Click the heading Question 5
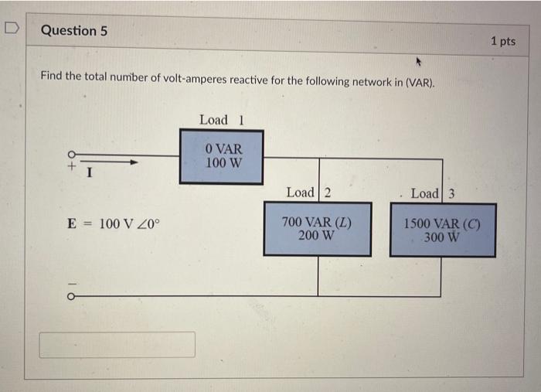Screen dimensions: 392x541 click(73, 31)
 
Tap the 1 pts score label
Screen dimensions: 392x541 click(502, 41)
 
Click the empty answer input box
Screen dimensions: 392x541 click(117, 345)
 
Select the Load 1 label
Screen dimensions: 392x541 click(221, 120)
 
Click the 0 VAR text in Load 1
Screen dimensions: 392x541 click(223, 148)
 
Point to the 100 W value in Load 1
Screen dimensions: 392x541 click(223, 163)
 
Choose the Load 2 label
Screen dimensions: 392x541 click(308, 193)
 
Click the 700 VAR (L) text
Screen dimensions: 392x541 click(316, 222)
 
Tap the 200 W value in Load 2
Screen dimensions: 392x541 click(316, 235)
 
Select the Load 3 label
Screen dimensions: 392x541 click(433, 193)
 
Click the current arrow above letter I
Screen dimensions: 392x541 click(116, 162)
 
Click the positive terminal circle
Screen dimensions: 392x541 click(73, 154)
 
